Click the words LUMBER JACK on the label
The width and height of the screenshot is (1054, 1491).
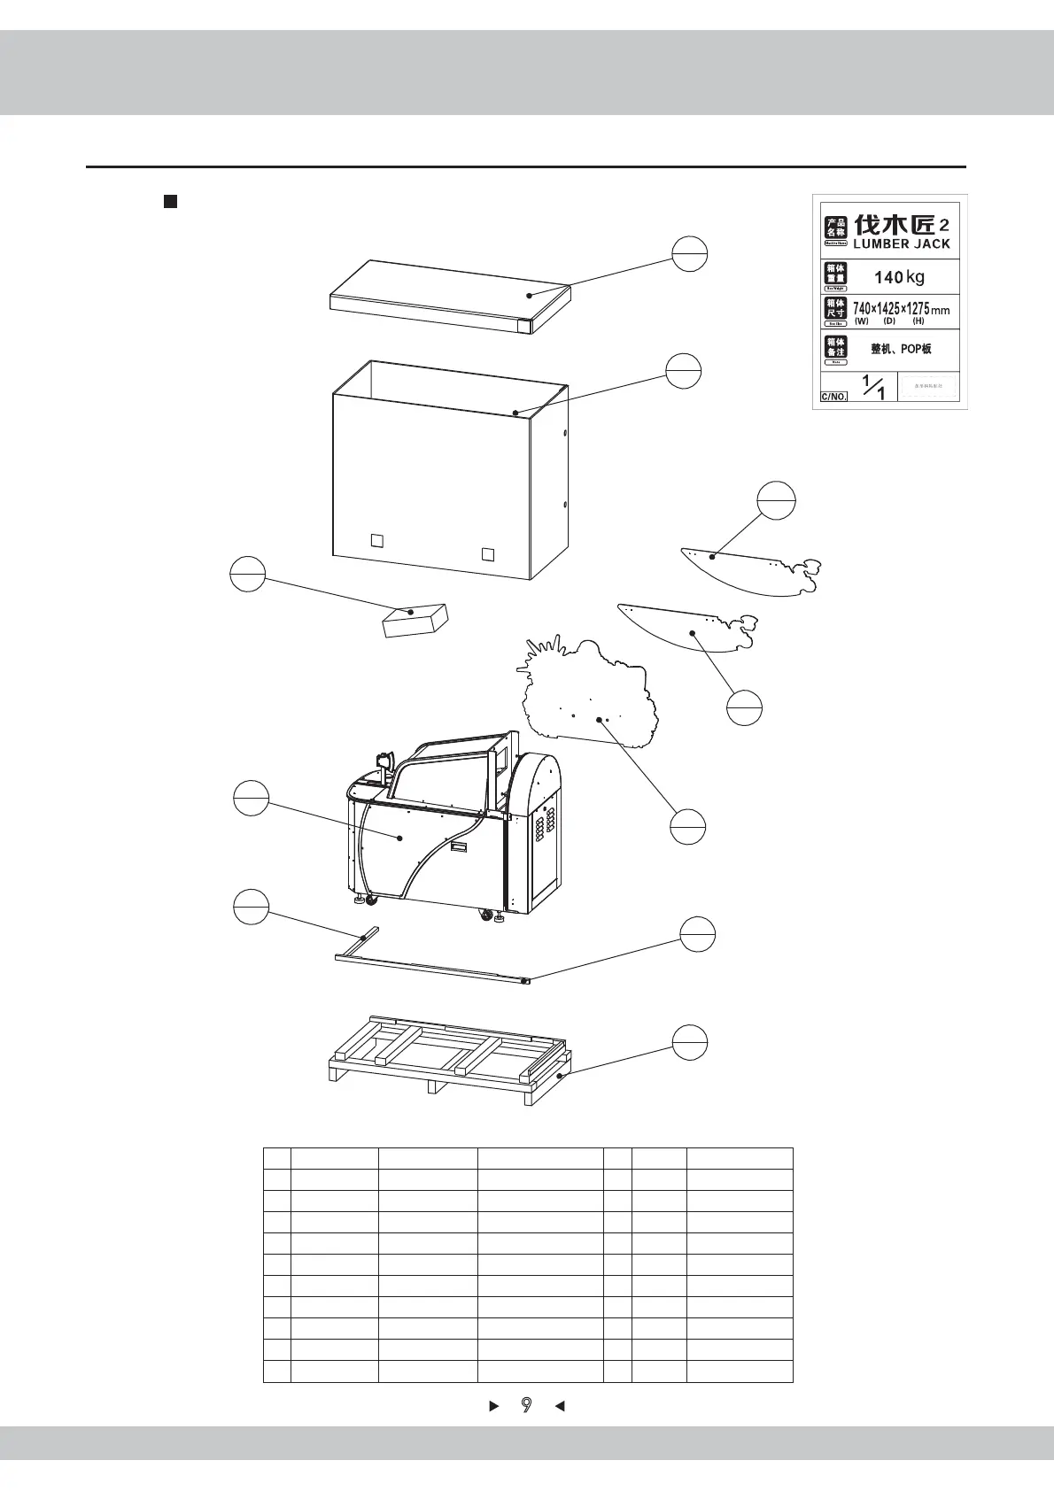pyautogui.click(x=901, y=244)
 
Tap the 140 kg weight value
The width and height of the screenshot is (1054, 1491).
pyautogui.click(x=899, y=277)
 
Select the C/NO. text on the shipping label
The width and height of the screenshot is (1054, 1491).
pyautogui.click(x=833, y=397)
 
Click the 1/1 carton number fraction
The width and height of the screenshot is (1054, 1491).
pyautogui.click(x=873, y=387)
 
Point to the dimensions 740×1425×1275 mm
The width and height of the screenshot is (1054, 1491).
pyautogui.click(x=900, y=309)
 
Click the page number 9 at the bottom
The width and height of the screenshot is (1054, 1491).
pyautogui.click(x=527, y=1404)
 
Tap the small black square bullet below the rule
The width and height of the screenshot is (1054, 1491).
pyautogui.click(x=171, y=202)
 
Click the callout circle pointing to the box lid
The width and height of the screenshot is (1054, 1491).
pyautogui.click(x=689, y=254)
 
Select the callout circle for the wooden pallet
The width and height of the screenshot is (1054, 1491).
pyautogui.click(x=689, y=1042)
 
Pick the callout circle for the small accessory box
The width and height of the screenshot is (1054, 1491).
pyautogui.click(x=248, y=574)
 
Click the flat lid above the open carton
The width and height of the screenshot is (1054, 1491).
pyautogui.click(x=448, y=297)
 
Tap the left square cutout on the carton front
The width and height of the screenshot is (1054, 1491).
pyautogui.click(x=376, y=540)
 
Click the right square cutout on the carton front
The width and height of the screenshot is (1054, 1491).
pyautogui.click(x=487, y=554)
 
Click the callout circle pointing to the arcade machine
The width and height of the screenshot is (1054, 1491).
pyautogui.click(x=251, y=799)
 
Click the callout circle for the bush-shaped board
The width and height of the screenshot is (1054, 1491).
pyautogui.click(x=687, y=826)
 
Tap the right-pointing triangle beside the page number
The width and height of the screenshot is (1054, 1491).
pyautogui.click(x=494, y=1405)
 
